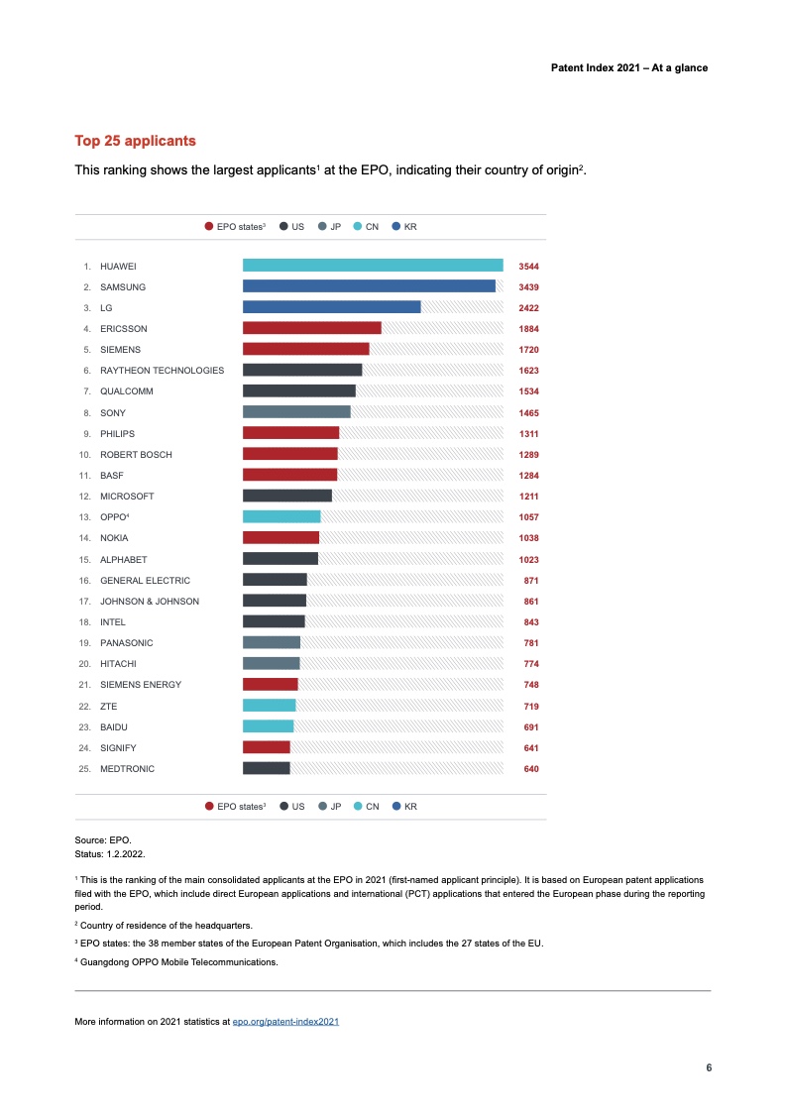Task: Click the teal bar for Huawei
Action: pyautogui.click(x=373, y=266)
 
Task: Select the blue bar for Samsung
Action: pyautogui.click(x=369, y=286)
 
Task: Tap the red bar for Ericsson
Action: pyautogui.click(x=312, y=328)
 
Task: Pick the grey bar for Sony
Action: pyautogui.click(x=296, y=412)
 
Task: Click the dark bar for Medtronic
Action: pyautogui.click(x=267, y=768)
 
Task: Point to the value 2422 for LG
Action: pyautogui.click(x=528, y=308)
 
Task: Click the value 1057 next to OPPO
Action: pyautogui.click(x=528, y=517)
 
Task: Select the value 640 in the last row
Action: pyautogui.click(x=531, y=769)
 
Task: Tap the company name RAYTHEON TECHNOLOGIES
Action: pyautogui.click(x=162, y=371)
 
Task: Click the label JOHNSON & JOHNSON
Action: pyautogui.click(x=150, y=602)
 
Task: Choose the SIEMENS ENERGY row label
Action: pyautogui.click(x=141, y=685)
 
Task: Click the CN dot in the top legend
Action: pyautogui.click(x=358, y=227)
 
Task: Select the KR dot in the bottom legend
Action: pyautogui.click(x=396, y=807)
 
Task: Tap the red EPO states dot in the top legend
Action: pyautogui.click(x=209, y=227)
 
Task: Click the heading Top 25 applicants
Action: pyautogui.click(x=136, y=141)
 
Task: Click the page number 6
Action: pyautogui.click(x=708, y=1067)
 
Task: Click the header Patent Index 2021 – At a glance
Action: pyautogui.click(x=628, y=68)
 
